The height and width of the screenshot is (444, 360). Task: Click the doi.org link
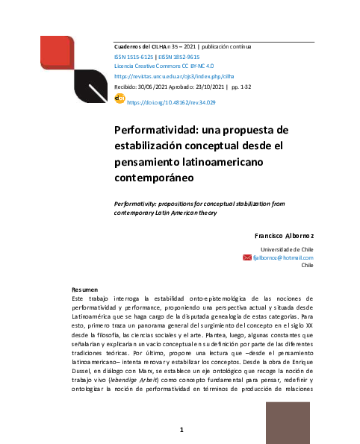(x=171, y=101)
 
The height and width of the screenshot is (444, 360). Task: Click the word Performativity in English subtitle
(x=137, y=202)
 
